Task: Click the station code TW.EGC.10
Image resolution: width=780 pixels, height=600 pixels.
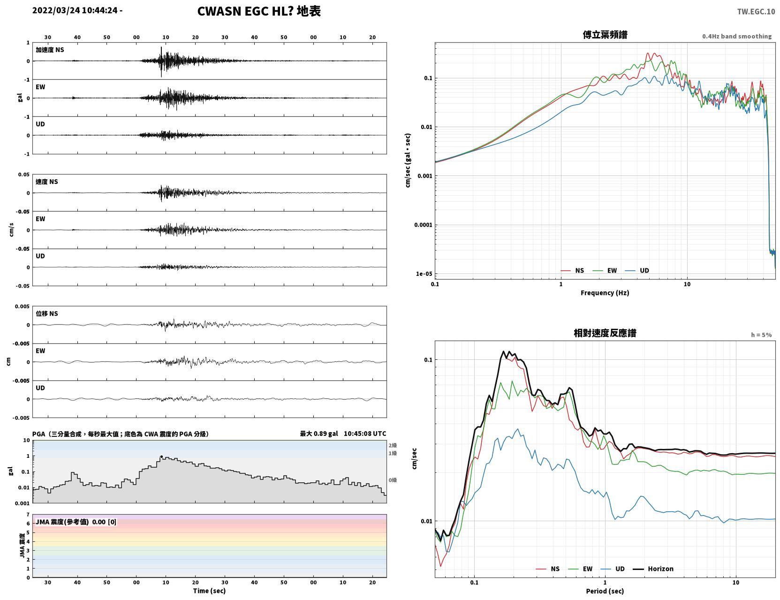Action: click(756, 11)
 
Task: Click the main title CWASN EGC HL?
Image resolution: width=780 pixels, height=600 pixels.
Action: click(245, 11)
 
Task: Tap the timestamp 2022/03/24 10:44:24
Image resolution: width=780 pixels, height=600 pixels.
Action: click(75, 10)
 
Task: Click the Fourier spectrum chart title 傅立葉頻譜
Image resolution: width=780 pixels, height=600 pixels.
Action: click(605, 35)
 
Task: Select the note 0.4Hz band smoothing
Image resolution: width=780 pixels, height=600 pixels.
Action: click(736, 36)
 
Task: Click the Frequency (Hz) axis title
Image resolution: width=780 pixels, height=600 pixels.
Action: click(605, 293)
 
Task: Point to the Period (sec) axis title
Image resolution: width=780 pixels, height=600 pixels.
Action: click(605, 591)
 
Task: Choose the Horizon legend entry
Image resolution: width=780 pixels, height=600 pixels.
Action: click(653, 569)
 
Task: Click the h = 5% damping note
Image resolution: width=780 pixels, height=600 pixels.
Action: click(761, 335)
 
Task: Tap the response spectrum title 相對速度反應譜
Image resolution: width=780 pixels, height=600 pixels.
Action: click(605, 333)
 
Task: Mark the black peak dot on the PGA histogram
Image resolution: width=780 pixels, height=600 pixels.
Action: click(161, 457)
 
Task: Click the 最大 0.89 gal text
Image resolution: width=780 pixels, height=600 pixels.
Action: click(319, 433)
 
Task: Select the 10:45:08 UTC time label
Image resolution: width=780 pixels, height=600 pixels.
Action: click(365, 433)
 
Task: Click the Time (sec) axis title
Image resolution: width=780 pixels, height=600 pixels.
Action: click(209, 591)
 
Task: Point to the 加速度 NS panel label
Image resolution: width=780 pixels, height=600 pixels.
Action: click(50, 50)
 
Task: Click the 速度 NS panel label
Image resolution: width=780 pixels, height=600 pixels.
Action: click(46, 182)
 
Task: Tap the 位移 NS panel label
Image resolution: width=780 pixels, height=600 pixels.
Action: click(46, 313)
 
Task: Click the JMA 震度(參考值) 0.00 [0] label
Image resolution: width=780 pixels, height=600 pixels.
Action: click(76, 522)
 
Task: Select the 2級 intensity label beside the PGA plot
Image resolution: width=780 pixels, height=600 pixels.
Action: click(392, 445)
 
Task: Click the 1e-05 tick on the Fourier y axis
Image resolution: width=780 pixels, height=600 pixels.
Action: click(424, 274)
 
